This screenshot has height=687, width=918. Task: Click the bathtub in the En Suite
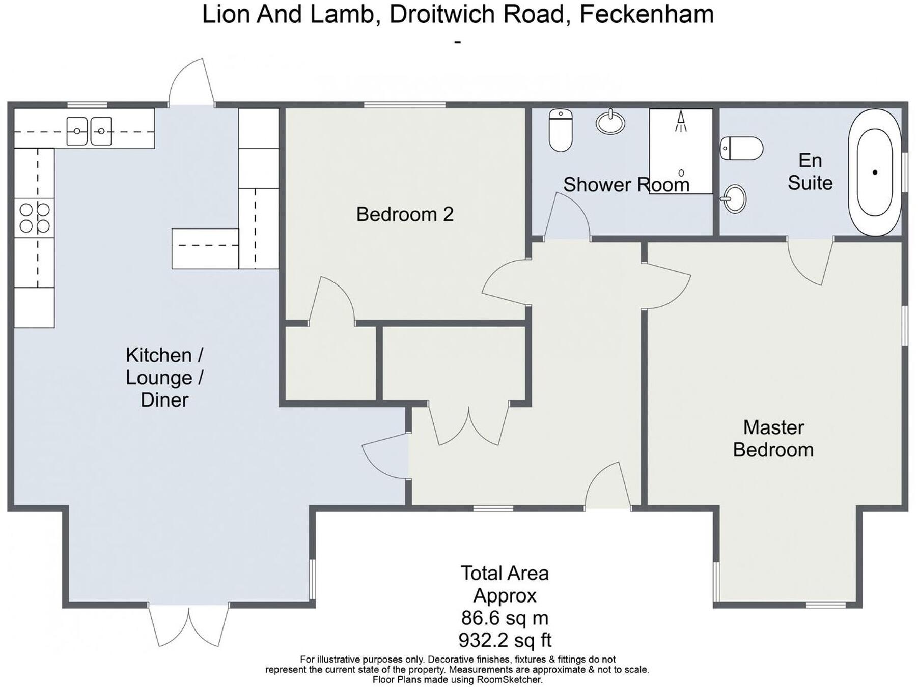point(875,172)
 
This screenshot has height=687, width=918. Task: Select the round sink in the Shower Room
point(610,122)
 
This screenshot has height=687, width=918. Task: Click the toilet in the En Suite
point(741,148)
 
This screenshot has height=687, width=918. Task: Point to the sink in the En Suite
point(734,198)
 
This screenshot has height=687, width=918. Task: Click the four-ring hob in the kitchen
point(34,218)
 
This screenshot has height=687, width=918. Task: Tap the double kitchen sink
point(89,131)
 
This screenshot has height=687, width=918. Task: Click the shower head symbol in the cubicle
point(681,122)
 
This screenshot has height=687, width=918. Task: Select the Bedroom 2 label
point(405,214)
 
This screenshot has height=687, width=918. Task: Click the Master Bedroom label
point(773,438)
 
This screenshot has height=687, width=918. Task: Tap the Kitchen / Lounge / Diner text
point(164,377)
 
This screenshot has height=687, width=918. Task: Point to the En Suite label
point(810,171)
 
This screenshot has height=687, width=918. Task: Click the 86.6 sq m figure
point(505,618)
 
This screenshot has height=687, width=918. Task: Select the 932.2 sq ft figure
point(505,640)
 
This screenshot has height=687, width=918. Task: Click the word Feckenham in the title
point(647,14)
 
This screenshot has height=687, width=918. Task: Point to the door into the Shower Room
point(568,219)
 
